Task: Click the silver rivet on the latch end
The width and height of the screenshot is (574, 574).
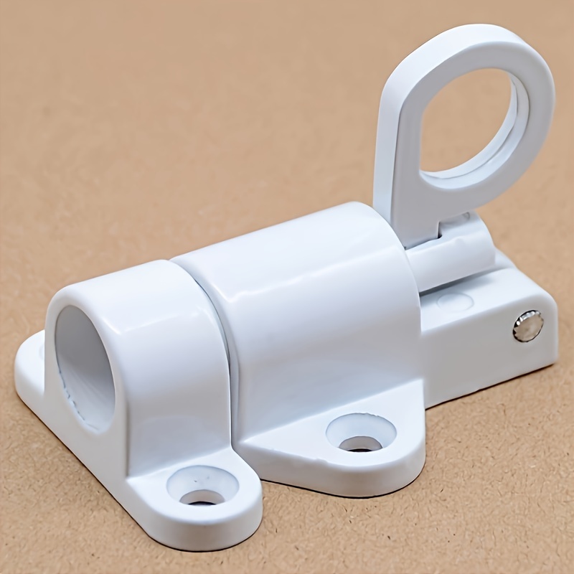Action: pyautogui.click(x=527, y=326)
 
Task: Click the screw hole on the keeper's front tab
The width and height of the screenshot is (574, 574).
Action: pyautogui.click(x=202, y=495)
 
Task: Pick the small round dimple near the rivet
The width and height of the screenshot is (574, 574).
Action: pyautogui.click(x=453, y=301)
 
